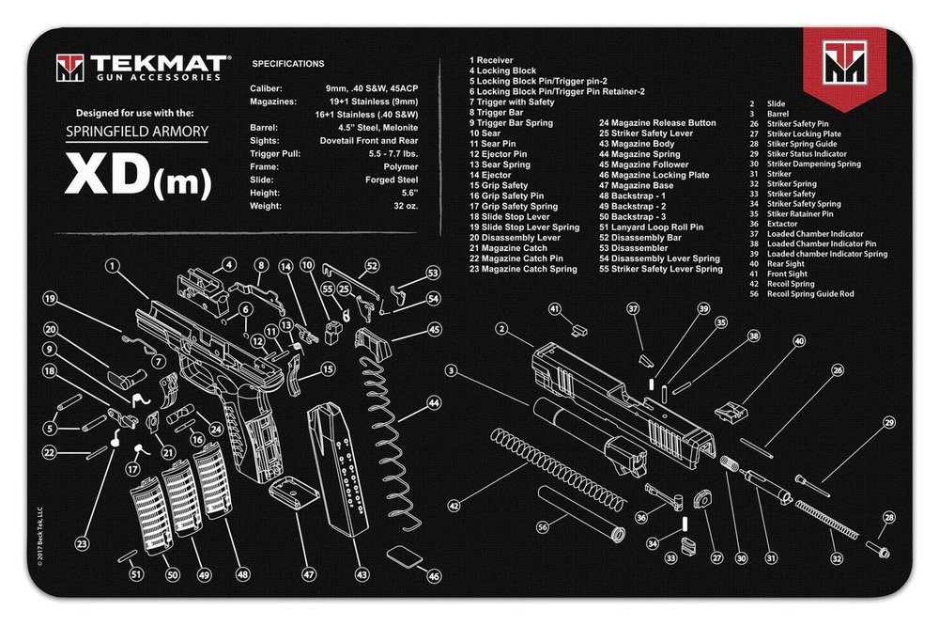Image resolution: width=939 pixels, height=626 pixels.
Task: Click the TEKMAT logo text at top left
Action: pyautogui.click(x=158, y=64)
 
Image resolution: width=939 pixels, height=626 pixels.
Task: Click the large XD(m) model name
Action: pyautogui.click(x=137, y=176)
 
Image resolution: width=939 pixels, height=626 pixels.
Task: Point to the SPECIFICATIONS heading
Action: pyautogui.click(x=288, y=64)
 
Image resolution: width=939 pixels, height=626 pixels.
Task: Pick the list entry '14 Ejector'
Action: pyautogui.click(x=490, y=175)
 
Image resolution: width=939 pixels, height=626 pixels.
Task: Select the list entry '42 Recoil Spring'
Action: pyautogui.click(x=791, y=283)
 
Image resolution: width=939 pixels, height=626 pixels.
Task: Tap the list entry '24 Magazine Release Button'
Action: pyautogui.click(x=657, y=123)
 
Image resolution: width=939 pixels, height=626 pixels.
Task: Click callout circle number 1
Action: pyautogui.click(x=114, y=266)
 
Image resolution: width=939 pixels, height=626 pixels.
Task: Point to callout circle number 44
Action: pyautogui.click(x=434, y=402)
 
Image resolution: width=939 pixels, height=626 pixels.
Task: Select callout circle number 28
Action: pyautogui.click(x=889, y=517)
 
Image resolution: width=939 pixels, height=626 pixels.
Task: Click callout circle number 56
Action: pyautogui.click(x=543, y=527)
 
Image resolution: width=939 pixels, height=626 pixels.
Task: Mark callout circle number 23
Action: pyautogui.click(x=82, y=543)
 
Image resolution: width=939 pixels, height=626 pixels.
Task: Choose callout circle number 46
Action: pyautogui.click(x=433, y=576)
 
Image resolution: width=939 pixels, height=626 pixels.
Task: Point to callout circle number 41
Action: pyautogui.click(x=555, y=308)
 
